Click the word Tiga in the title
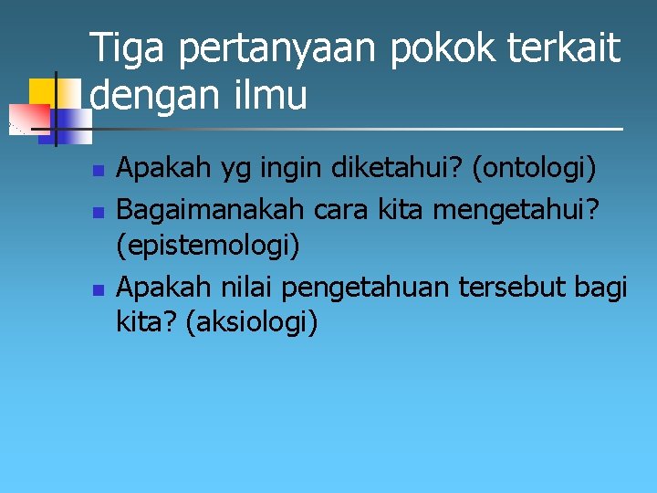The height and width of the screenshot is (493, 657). [x=129, y=48]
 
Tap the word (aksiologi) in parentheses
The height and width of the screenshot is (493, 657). [x=252, y=322]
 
